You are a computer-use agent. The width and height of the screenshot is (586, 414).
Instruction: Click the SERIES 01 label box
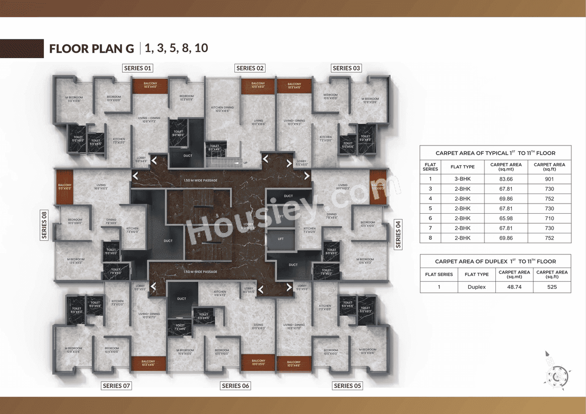click(x=138, y=68)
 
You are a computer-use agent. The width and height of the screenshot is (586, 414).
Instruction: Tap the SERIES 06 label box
click(x=235, y=386)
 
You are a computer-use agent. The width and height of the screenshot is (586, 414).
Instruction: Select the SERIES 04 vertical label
click(x=398, y=234)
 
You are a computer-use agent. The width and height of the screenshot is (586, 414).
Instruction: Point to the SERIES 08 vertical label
click(x=44, y=225)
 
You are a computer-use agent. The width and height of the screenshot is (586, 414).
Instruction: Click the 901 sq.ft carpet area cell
click(x=549, y=179)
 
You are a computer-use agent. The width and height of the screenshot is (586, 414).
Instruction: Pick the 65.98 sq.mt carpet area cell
click(x=506, y=218)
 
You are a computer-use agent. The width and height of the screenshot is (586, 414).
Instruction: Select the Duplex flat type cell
click(x=476, y=287)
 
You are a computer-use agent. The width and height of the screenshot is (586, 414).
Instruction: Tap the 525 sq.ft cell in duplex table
click(x=552, y=287)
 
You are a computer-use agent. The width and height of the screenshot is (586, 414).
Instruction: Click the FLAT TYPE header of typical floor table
click(x=462, y=167)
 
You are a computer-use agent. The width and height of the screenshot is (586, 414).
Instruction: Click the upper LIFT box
click(x=281, y=216)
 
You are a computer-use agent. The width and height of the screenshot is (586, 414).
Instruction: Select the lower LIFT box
click(x=281, y=239)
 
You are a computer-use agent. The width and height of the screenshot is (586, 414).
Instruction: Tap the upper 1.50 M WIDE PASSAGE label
click(x=200, y=180)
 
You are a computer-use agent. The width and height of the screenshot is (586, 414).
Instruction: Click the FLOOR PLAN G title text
click(x=92, y=48)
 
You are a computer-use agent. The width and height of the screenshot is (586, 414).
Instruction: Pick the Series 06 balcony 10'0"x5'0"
click(x=258, y=362)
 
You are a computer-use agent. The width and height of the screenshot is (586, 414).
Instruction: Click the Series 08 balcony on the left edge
click(x=65, y=187)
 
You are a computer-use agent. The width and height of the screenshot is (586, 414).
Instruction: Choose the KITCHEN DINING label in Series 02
click(x=222, y=109)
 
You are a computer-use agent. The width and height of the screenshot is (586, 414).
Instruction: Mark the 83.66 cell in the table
click(x=506, y=179)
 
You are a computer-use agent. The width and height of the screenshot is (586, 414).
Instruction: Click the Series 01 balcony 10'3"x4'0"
click(x=150, y=86)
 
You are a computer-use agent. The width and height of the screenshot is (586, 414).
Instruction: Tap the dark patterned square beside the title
click(x=22, y=48)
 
